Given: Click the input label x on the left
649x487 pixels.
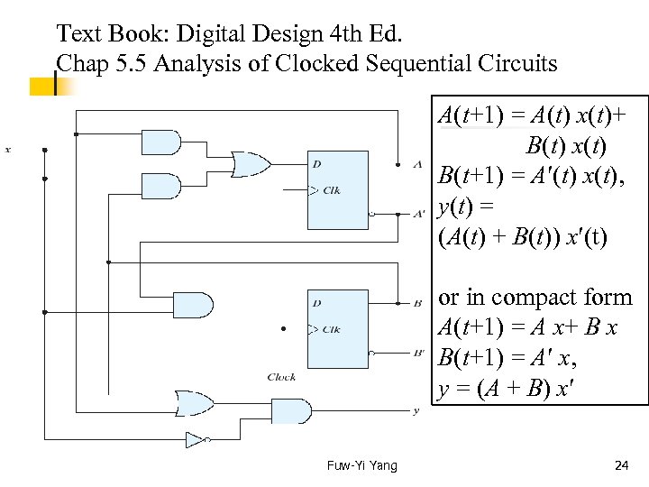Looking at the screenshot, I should [8, 150].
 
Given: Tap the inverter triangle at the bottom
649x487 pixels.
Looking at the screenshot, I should [194, 440].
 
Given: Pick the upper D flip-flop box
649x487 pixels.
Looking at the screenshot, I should [337, 189].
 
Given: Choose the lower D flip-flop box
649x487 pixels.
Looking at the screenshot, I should [337, 328].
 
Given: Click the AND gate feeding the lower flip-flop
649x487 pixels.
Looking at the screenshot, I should [193, 305].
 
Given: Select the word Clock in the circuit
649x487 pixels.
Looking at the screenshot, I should [281, 377].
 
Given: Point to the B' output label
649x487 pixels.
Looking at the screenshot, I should [418, 353].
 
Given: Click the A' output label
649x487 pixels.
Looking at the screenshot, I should [418, 215].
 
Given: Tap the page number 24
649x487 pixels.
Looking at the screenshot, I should [621, 465].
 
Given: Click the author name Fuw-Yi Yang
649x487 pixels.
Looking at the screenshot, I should [361, 465].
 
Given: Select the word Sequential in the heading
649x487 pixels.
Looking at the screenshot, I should [388, 64].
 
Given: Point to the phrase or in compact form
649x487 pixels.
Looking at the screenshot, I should [535, 298].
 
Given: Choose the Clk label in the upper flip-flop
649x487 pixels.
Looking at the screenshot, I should [331, 190].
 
